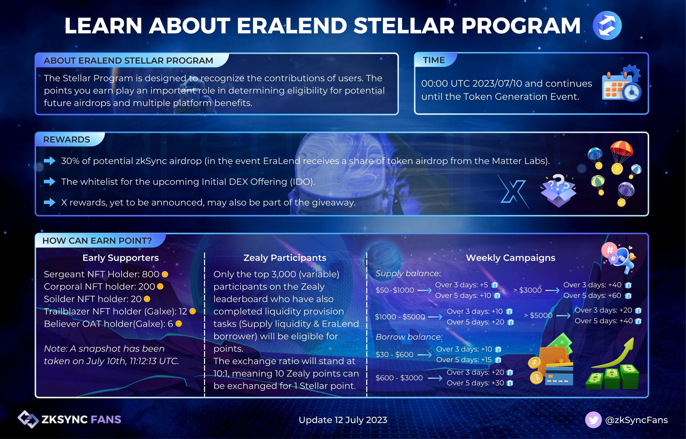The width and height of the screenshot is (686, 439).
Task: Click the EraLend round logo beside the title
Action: coord(607,25)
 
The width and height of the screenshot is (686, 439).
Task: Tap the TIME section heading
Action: coord(434,60)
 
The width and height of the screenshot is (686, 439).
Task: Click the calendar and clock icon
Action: coord(622,83)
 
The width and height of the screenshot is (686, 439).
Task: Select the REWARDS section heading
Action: coord(67,140)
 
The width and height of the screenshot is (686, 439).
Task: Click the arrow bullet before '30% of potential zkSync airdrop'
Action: coord(50,161)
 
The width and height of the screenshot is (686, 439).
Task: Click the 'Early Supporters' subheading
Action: coord(121,258)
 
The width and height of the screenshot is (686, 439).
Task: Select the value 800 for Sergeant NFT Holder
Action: coord(150,274)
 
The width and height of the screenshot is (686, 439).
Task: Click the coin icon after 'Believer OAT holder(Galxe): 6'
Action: coord(179,324)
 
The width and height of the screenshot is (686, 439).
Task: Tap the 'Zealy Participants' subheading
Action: coord(285,258)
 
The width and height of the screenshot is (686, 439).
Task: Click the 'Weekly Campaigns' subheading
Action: coord(510,258)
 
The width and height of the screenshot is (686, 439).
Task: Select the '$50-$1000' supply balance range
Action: coord(395,290)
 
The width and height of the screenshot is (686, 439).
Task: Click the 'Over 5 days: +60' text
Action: coord(592,296)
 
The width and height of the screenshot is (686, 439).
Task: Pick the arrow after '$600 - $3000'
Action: coord(435,378)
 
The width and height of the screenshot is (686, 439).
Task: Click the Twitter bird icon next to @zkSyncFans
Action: coord(593,420)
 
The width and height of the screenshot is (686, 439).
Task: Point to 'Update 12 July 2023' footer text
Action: coord(343,420)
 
